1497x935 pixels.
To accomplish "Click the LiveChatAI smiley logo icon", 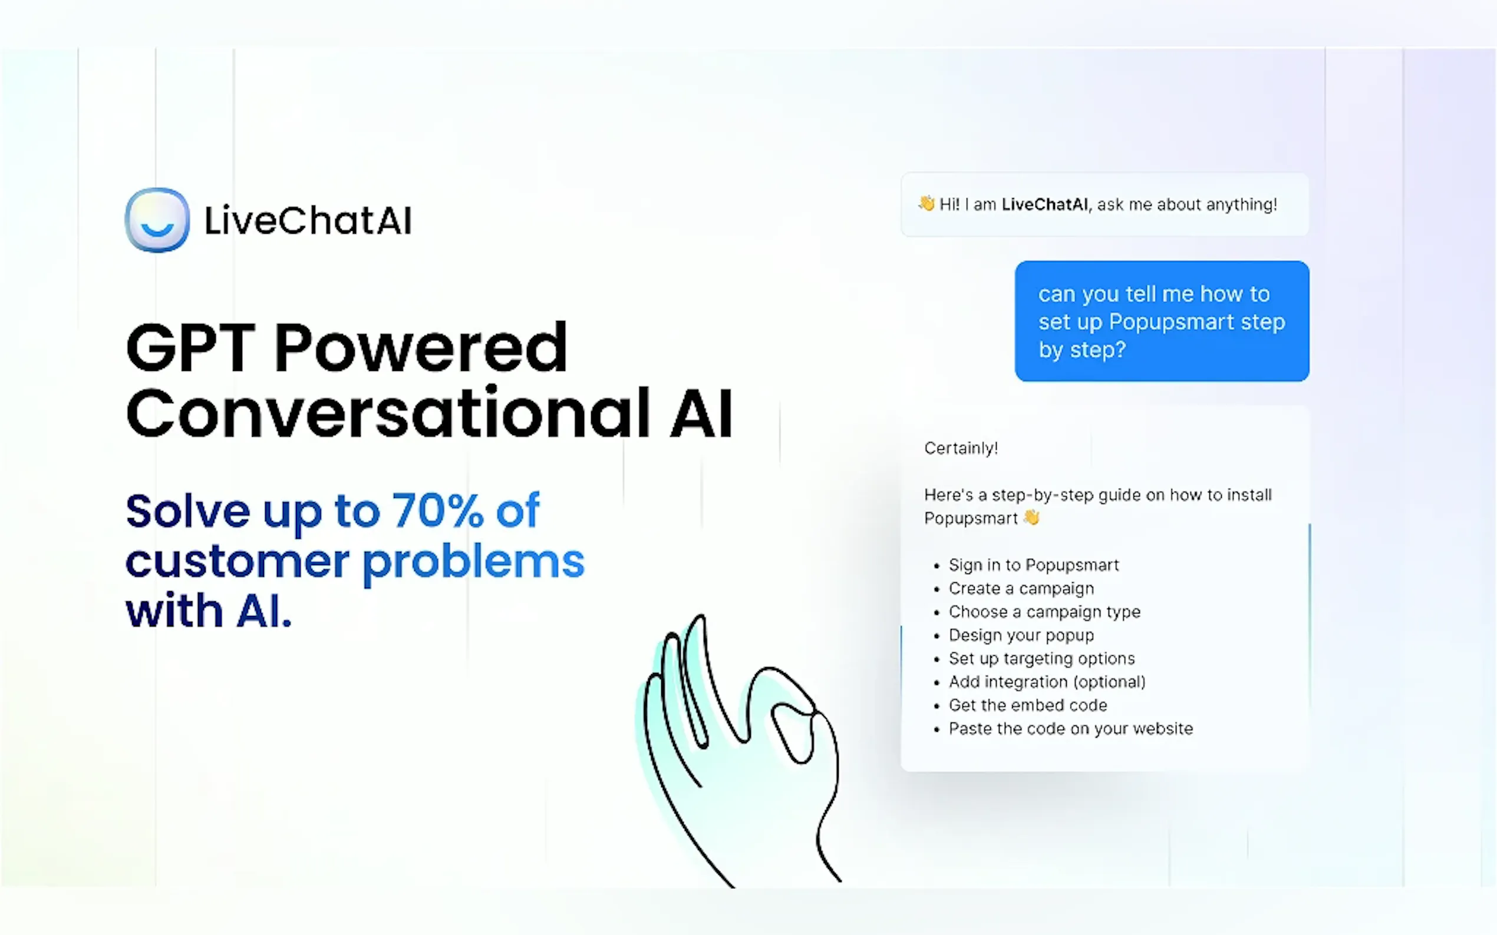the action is [x=157, y=220].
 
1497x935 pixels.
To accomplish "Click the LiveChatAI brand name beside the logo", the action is [x=308, y=220].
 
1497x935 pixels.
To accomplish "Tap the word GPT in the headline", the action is [x=190, y=347].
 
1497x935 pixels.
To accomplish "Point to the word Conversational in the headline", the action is [x=388, y=413].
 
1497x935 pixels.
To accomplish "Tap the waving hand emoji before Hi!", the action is [x=926, y=204].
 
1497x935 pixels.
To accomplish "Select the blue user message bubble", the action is [x=1162, y=321].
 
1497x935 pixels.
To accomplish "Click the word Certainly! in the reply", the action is [x=961, y=448].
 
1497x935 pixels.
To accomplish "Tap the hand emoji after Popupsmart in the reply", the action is [x=1031, y=517].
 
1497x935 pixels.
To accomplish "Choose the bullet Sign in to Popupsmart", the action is [x=1034, y=565].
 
